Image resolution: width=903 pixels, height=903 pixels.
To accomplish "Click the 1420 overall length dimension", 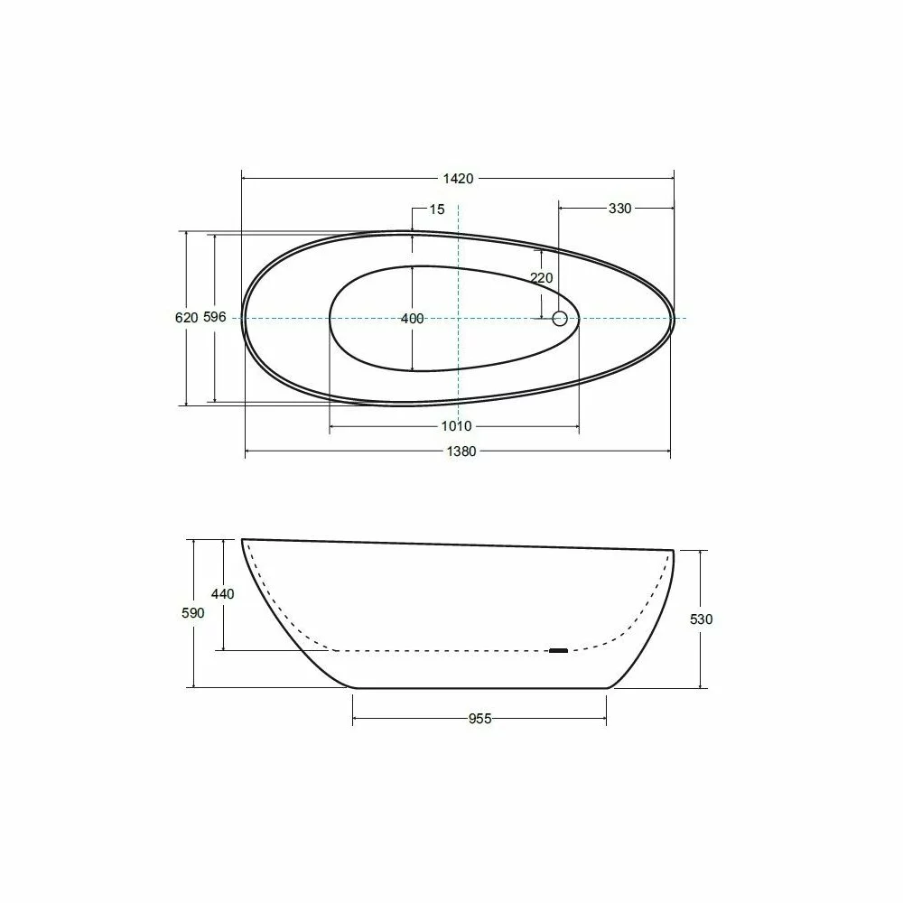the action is [458, 179].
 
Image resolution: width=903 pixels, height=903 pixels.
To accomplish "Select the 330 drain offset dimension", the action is [619, 209].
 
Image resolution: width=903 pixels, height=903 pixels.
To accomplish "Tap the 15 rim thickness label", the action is [437, 209].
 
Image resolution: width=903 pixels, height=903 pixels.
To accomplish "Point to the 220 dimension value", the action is [541, 277].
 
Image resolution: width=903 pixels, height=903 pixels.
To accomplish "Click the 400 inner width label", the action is [413, 319].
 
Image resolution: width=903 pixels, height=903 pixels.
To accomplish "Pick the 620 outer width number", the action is [187, 317].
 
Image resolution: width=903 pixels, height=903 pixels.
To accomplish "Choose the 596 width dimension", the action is [215, 317].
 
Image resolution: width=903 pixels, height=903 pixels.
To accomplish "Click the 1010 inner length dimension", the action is [456, 426].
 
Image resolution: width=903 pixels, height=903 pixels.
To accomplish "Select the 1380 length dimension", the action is [461, 451].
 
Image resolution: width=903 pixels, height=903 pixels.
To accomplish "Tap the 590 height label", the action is [193, 613].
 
